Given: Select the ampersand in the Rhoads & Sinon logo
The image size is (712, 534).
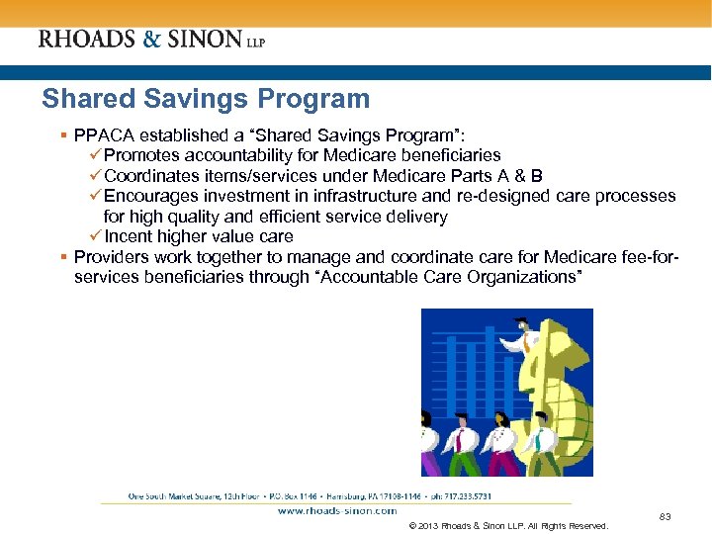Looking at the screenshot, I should click(149, 40).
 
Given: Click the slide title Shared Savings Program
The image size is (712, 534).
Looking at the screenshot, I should click(206, 99).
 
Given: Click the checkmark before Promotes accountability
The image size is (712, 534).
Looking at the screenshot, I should click(95, 155).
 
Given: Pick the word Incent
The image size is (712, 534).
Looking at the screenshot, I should click(129, 236).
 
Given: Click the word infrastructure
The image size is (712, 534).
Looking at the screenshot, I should click(379, 196).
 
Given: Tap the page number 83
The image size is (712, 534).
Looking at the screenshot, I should click(665, 516).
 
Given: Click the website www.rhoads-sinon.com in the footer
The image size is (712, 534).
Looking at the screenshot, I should click(332, 510).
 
